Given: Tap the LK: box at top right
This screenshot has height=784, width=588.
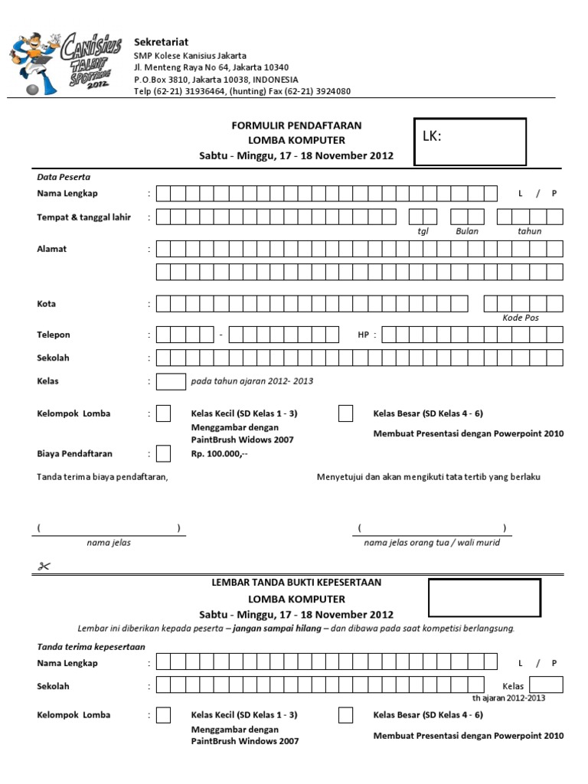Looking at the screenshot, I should [469, 141].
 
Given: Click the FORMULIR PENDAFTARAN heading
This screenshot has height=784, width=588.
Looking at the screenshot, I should [296, 125].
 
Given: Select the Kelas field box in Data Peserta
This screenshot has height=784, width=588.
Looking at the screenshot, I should [171, 381].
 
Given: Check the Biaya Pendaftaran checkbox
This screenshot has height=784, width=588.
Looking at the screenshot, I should [163, 453].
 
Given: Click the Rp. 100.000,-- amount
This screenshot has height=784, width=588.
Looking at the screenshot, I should [219, 454].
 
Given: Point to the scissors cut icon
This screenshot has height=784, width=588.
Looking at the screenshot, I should [41, 567].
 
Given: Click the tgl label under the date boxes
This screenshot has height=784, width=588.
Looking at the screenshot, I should [423, 231].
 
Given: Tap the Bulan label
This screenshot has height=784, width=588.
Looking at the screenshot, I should [466, 231].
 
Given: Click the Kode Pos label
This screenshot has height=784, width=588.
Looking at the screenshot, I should [521, 318].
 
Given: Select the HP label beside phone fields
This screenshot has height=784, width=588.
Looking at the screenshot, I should [364, 335].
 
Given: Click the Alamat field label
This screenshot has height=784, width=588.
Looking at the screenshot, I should [52, 249].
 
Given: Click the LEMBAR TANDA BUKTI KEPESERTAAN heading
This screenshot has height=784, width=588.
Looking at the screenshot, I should [296, 583].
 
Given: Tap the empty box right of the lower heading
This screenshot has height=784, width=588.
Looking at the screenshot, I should [484, 598].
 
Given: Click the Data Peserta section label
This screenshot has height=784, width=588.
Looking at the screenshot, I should [64, 176].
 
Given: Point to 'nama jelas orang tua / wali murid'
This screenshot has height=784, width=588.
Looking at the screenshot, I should [432, 543].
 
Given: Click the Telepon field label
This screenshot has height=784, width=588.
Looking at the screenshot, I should [54, 335].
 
